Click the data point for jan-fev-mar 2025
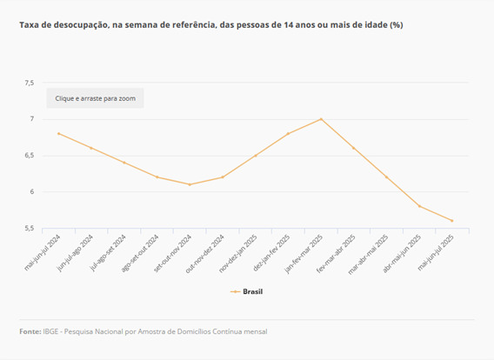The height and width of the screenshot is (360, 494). [321, 119]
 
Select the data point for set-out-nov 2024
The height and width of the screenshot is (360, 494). [190, 184]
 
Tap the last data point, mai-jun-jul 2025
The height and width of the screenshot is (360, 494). [451, 221]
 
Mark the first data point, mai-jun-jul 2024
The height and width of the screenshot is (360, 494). [58, 134]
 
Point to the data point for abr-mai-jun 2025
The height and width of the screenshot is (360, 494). [419, 206]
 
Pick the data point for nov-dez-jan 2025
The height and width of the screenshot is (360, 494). [256, 156]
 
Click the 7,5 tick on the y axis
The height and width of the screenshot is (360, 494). [30, 83]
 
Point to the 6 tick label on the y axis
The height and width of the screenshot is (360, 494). [32, 192]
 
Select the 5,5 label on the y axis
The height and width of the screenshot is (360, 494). [30, 228]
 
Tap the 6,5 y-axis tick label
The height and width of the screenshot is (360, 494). [30, 156]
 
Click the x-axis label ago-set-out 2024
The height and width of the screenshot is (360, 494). [140, 253]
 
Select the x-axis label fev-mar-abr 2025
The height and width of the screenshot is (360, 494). [337, 254]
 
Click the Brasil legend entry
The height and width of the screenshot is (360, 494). [246, 291]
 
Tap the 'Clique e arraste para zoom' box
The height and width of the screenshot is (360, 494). [95, 98]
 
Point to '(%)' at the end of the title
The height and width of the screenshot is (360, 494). [397, 25]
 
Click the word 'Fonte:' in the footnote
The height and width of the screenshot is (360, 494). [30, 331]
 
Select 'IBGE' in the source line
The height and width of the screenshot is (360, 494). [50, 331]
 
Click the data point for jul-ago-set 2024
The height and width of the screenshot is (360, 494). [124, 163]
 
